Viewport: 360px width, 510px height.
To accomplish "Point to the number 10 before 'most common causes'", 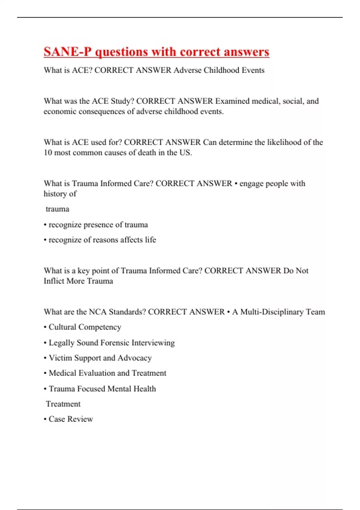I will coord(48,153).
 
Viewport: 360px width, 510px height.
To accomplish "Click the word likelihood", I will coord(272,142).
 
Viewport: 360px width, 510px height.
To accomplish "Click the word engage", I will coord(252,184).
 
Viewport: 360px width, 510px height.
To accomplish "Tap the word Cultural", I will coord(62,327).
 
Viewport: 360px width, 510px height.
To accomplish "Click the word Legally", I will coord(61,343).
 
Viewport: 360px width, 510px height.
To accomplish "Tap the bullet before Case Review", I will coord(45,419).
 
